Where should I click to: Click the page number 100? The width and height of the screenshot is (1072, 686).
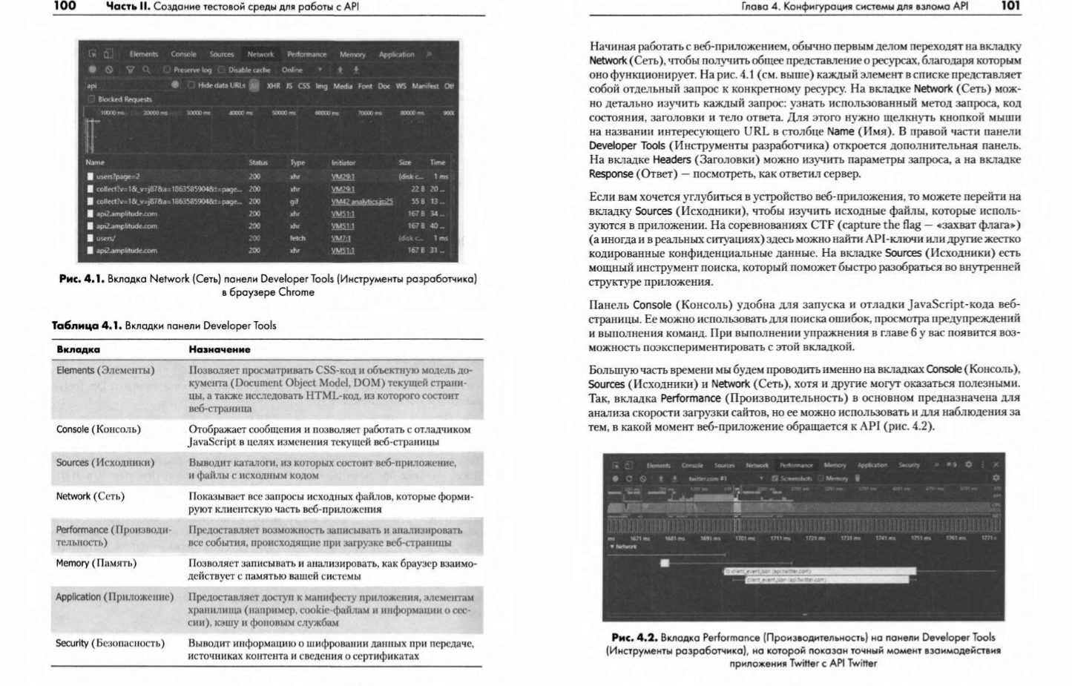65,7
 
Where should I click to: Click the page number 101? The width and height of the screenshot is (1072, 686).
1010,7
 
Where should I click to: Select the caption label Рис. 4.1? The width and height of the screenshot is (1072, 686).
82,280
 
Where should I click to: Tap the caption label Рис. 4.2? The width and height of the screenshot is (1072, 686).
634,637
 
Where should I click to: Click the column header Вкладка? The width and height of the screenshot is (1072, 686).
78,349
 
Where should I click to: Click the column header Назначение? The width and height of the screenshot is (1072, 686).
220,349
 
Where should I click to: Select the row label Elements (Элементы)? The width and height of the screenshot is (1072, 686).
105,370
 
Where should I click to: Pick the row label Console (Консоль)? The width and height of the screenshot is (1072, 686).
98,429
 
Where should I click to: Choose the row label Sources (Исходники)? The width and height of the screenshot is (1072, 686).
105,463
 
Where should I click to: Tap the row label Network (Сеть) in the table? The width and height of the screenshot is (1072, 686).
90,496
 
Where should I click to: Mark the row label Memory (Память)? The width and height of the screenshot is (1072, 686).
96,563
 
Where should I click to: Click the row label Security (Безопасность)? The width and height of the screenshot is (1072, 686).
110,643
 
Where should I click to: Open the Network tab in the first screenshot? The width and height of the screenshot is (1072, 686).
260,54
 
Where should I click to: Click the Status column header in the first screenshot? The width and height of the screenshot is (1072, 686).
258,162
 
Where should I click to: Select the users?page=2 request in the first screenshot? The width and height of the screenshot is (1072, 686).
118,177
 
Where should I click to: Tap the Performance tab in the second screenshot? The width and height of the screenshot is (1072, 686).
796,466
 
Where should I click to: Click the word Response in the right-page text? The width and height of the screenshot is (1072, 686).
611,174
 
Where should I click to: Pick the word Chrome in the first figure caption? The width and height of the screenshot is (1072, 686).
296,292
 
